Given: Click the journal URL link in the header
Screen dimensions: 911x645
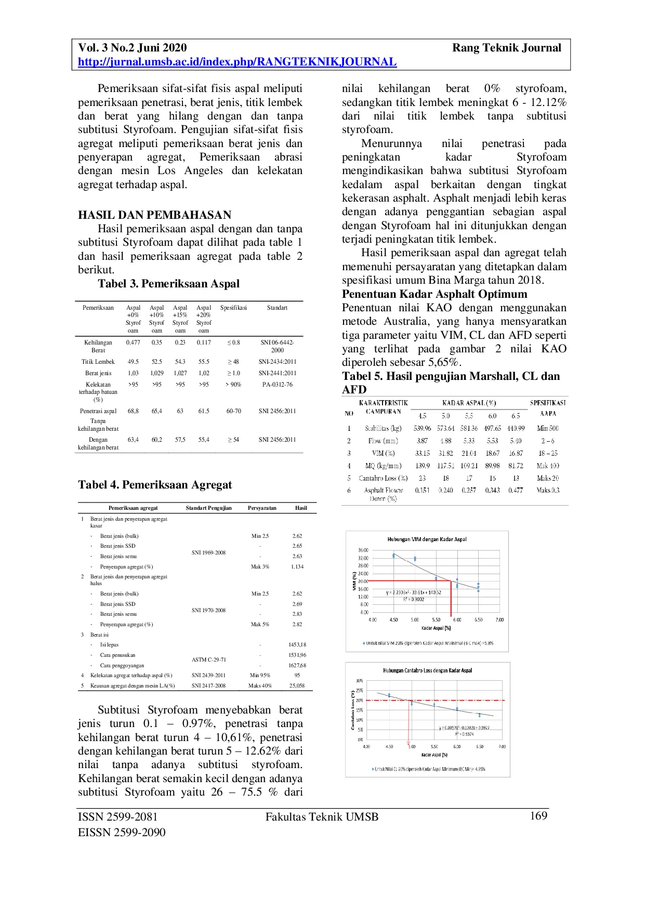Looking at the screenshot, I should pyautogui.click(x=237, y=62).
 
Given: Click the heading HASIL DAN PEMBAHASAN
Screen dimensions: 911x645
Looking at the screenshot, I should pyautogui.click(x=154, y=215).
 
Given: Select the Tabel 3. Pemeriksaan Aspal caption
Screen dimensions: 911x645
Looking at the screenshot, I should pyautogui.click(x=168, y=284).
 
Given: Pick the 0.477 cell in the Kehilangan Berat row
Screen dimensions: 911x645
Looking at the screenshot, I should pyautogui.click(x=133, y=342).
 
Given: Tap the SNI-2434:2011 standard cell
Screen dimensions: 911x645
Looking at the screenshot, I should pyautogui.click(x=277, y=362).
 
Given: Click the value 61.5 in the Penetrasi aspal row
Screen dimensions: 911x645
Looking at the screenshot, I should pyautogui.click(x=204, y=411).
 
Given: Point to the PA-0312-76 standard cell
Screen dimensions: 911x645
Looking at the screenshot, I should pyautogui.click(x=277, y=385).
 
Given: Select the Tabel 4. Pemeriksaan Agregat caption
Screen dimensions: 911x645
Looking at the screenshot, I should pyautogui.click(x=155, y=485).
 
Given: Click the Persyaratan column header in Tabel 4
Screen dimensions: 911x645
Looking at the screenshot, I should pyautogui.click(x=262, y=508).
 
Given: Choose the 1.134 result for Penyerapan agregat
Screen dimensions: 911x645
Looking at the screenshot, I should pyautogui.click(x=297, y=567).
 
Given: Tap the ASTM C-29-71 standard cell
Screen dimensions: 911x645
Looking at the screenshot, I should pyautogui.click(x=208, y=659).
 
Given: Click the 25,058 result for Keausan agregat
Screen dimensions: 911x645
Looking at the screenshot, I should pyautogui.click(x=297, y=686).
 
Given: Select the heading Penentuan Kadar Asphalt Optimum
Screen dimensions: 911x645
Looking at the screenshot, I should pyautogui.click(x=435, y=294).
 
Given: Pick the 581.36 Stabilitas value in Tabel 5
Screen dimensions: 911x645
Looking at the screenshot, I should pyautogui.click(x=469, y=428).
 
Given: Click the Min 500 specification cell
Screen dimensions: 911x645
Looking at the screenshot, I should pyautogui.click(x=548, y=428).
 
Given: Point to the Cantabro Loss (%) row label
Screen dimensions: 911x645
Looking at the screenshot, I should pyautogui.click(x=383, y=478).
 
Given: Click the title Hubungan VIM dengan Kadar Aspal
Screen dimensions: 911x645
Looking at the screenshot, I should pyautogui.click(x=427, y=539).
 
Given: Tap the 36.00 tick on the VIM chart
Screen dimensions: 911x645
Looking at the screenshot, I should pyautogui.click(x=363, y=550).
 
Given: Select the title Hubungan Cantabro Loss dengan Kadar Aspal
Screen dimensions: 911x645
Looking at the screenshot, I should pyautogui.click(x=427, y=670).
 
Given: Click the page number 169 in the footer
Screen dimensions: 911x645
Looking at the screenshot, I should pyautogui.click(x=538, y=816).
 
